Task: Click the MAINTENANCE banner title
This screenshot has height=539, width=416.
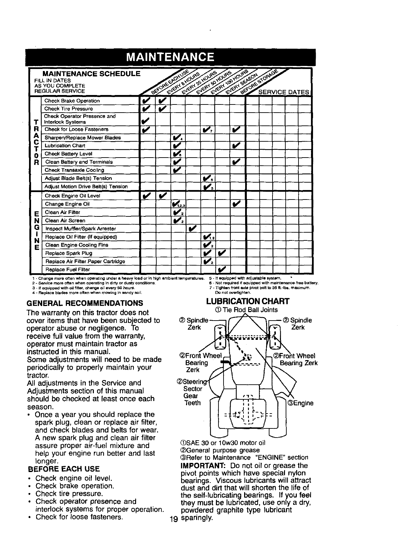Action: pos(170,56)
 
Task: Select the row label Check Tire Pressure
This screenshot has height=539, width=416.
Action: pos(68,109)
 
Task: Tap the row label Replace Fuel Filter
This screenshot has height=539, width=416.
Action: pos(68,269)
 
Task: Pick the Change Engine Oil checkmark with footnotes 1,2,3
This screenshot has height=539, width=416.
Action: pos(177,204)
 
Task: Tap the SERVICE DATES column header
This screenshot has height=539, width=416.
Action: pos(283,92)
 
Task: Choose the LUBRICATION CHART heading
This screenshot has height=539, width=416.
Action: pos(248,301)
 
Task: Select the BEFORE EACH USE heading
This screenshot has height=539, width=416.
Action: pos(64,469)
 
